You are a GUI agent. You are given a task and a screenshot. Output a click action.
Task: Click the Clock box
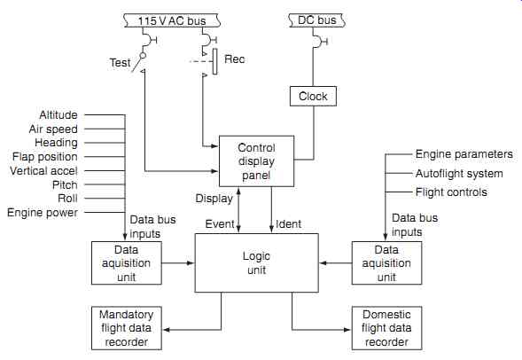pyautogui.click(x=313, y=97)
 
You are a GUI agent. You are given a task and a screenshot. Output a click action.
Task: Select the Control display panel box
pyautogui.click(x=256, y=161)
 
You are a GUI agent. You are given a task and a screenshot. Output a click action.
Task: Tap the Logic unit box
pyautogui.click(x=256, y=262)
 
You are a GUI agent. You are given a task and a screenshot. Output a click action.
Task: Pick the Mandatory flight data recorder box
pyautogui.click(x=127, y=328)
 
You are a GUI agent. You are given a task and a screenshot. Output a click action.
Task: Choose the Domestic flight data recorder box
pyautogui.click(x=386, y=328)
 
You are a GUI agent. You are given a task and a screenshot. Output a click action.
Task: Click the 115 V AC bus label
pyautogui.click(x=172, y=20)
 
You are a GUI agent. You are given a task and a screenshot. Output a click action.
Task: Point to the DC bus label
pyautogui.click(x=317, y=20)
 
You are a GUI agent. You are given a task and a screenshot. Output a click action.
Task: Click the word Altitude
pyautogui.click(x=58, y=115)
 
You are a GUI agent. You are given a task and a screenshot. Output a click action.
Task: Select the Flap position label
pyautogui.click(x=45, y=157)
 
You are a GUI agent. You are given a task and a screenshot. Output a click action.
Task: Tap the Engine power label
pyautogui.click(x=43, y=213)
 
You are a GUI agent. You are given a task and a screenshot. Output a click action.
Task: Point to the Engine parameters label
pyautogui.click(x=464, y=154)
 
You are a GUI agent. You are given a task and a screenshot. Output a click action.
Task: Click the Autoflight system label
pyautogui.click(x=459, y=174)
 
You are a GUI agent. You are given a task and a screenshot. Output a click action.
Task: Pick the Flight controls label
pyautogui.click(x=451, y=192)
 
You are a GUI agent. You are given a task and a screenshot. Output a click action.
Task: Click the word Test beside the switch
pyautogui.click(x=121, y=63)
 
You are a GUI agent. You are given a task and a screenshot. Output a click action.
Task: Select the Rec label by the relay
pyautogui.click(x=234, y=59)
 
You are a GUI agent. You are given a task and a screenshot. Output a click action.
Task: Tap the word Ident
pyautogui.click(x=288, y=223)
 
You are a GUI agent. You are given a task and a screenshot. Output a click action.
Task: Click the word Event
pyautogui.click(x=220, y=223)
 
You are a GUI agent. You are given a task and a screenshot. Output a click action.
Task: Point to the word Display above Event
pyautogui.click(x=214, y=199)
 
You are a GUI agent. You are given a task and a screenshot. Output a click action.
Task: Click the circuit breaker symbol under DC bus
pyautogui.click(x=320, y=42)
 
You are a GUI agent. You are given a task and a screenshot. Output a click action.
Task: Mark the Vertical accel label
pyautogui.click(x=43, y=171)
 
